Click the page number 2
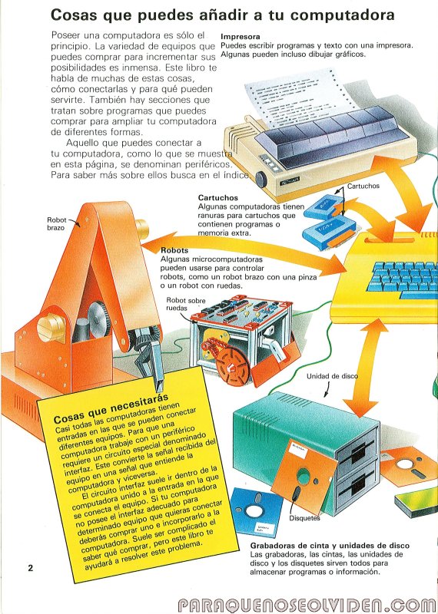pos(31,568)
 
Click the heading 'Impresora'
pos(241,37)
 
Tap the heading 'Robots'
pos(174,250)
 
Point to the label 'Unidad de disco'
pos(332,376)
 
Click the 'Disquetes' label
pos(304,518)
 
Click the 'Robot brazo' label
pos(56,223)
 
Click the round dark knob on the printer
pos(260,179)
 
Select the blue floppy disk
pos(256,512)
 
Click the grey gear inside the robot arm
pos(99,319)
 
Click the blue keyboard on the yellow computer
pos(403,279)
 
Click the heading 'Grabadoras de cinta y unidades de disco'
pos(330,546)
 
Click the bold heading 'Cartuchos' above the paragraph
pos(217,198)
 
